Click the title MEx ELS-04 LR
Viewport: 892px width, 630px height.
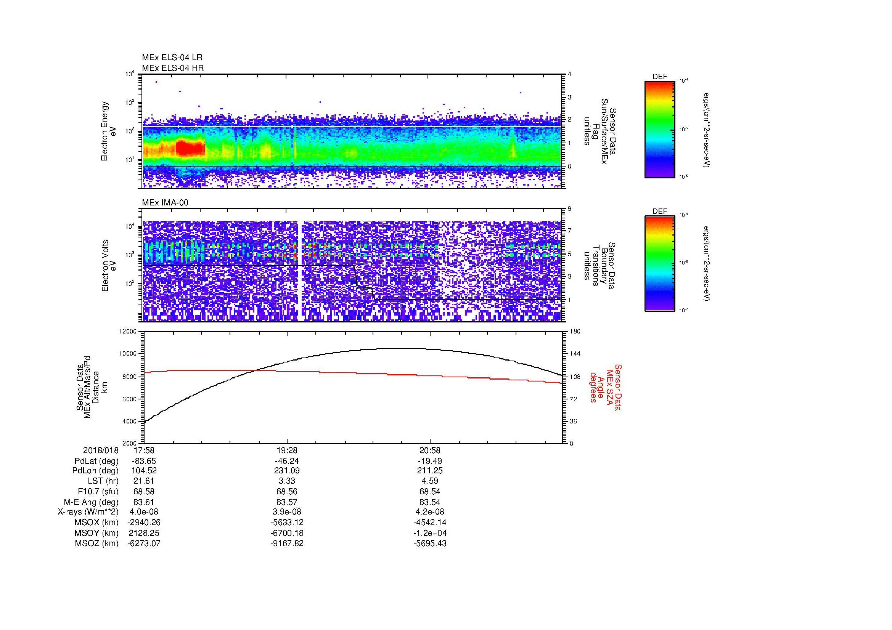coord(172,58)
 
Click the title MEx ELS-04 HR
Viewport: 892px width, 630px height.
coord(172,68)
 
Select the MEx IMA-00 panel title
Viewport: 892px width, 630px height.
coord(165,203)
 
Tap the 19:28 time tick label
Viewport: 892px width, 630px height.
coord(287,450)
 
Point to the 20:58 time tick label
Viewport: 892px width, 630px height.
coord(430,450)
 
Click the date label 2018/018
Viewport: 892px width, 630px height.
coord(100,450)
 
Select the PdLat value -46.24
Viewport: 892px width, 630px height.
coord(287,461)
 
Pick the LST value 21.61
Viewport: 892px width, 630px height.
coord(144,481)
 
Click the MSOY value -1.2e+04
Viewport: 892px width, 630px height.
coord(430,533)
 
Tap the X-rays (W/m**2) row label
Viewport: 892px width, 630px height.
coord(88,512)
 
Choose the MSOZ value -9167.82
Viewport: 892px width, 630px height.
coord(287,543)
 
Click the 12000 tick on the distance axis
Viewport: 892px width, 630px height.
coord(128,332)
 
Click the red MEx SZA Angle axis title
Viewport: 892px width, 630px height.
coord(605,387)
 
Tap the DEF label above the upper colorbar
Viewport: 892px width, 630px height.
coord(659,77)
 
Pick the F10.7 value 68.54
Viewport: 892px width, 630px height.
coord(430,491)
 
